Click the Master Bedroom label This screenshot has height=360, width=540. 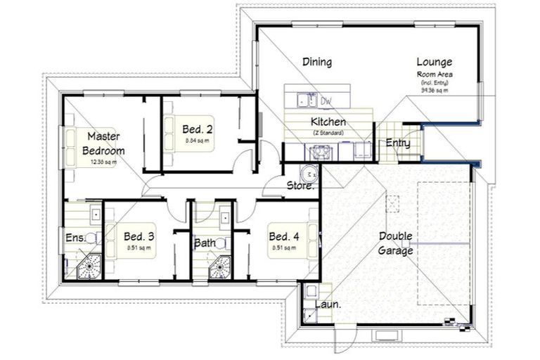[x=103, y=143]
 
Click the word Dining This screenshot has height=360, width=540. [x=317, y=62]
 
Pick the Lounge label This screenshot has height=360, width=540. [x=434, y=62]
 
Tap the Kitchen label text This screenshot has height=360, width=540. [x=328, y=122]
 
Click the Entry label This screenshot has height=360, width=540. [x=398, y=143]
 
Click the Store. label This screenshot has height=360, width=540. [x=300, y=186]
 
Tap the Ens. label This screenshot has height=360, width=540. [x=75, y=238]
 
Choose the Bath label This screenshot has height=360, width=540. [x=205, y=244]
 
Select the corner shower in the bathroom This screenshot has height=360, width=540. [x=222, y=267]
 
